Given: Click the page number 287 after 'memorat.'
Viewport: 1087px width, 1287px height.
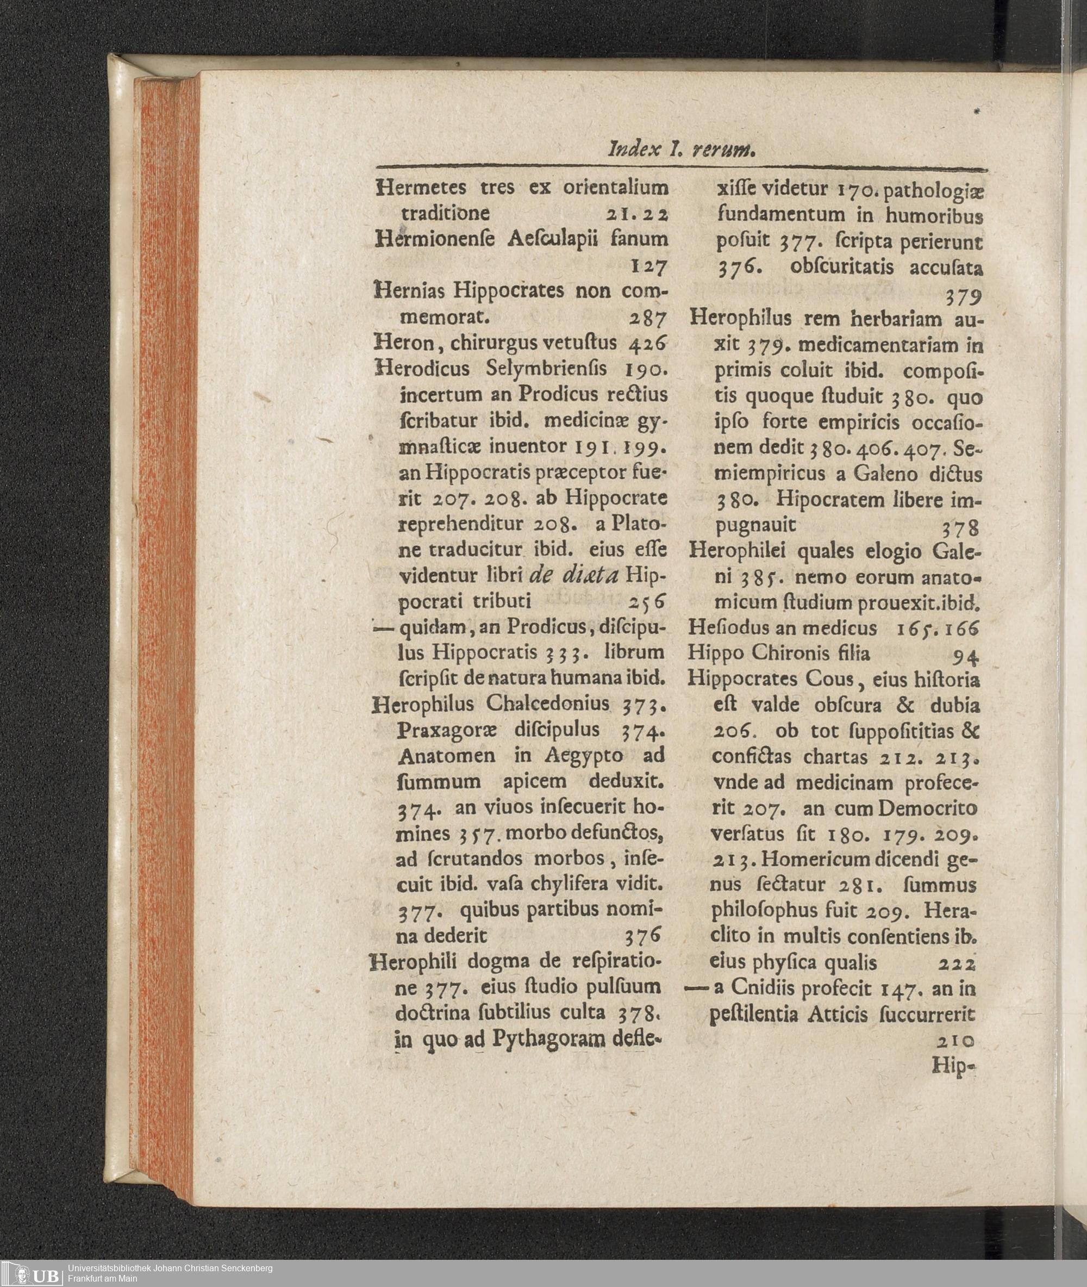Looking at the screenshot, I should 649,319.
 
